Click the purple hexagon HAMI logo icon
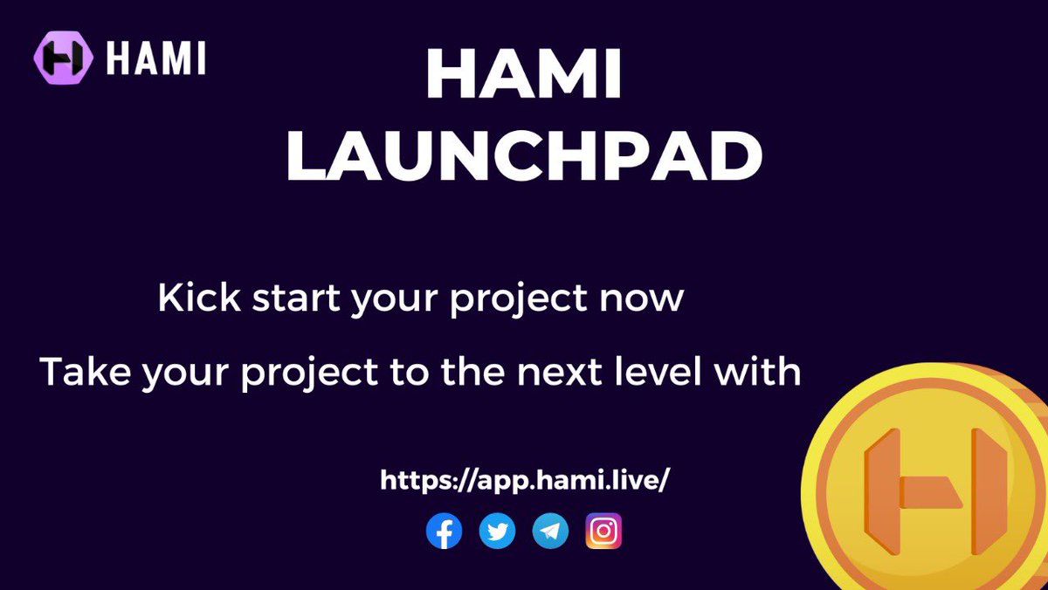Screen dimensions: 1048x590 [x=63, y=58]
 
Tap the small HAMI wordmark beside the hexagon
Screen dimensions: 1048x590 [x=155, y=58]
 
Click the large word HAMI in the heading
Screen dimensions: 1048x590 [x=523, y=74]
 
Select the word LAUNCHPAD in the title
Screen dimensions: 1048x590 [x=525, y=155]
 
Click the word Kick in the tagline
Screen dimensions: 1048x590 [x=199, y=298]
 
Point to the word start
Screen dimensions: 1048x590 [x=296, y=298]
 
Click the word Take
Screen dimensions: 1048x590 [x=86, y=371]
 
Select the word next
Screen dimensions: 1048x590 [x=559, y=373]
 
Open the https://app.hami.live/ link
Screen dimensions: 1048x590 [x=525, y=481]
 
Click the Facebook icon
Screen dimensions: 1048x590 [x=444, y=531]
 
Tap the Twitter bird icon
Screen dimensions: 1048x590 [x=497, y=531]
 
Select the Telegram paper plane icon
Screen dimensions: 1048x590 [x=551, y=531]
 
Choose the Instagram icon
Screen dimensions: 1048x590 [x=603, y=531]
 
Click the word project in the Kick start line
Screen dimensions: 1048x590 [x=519, y=299]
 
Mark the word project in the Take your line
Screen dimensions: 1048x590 [x=310, y=374]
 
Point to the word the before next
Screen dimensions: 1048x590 [x=472, y=371]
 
